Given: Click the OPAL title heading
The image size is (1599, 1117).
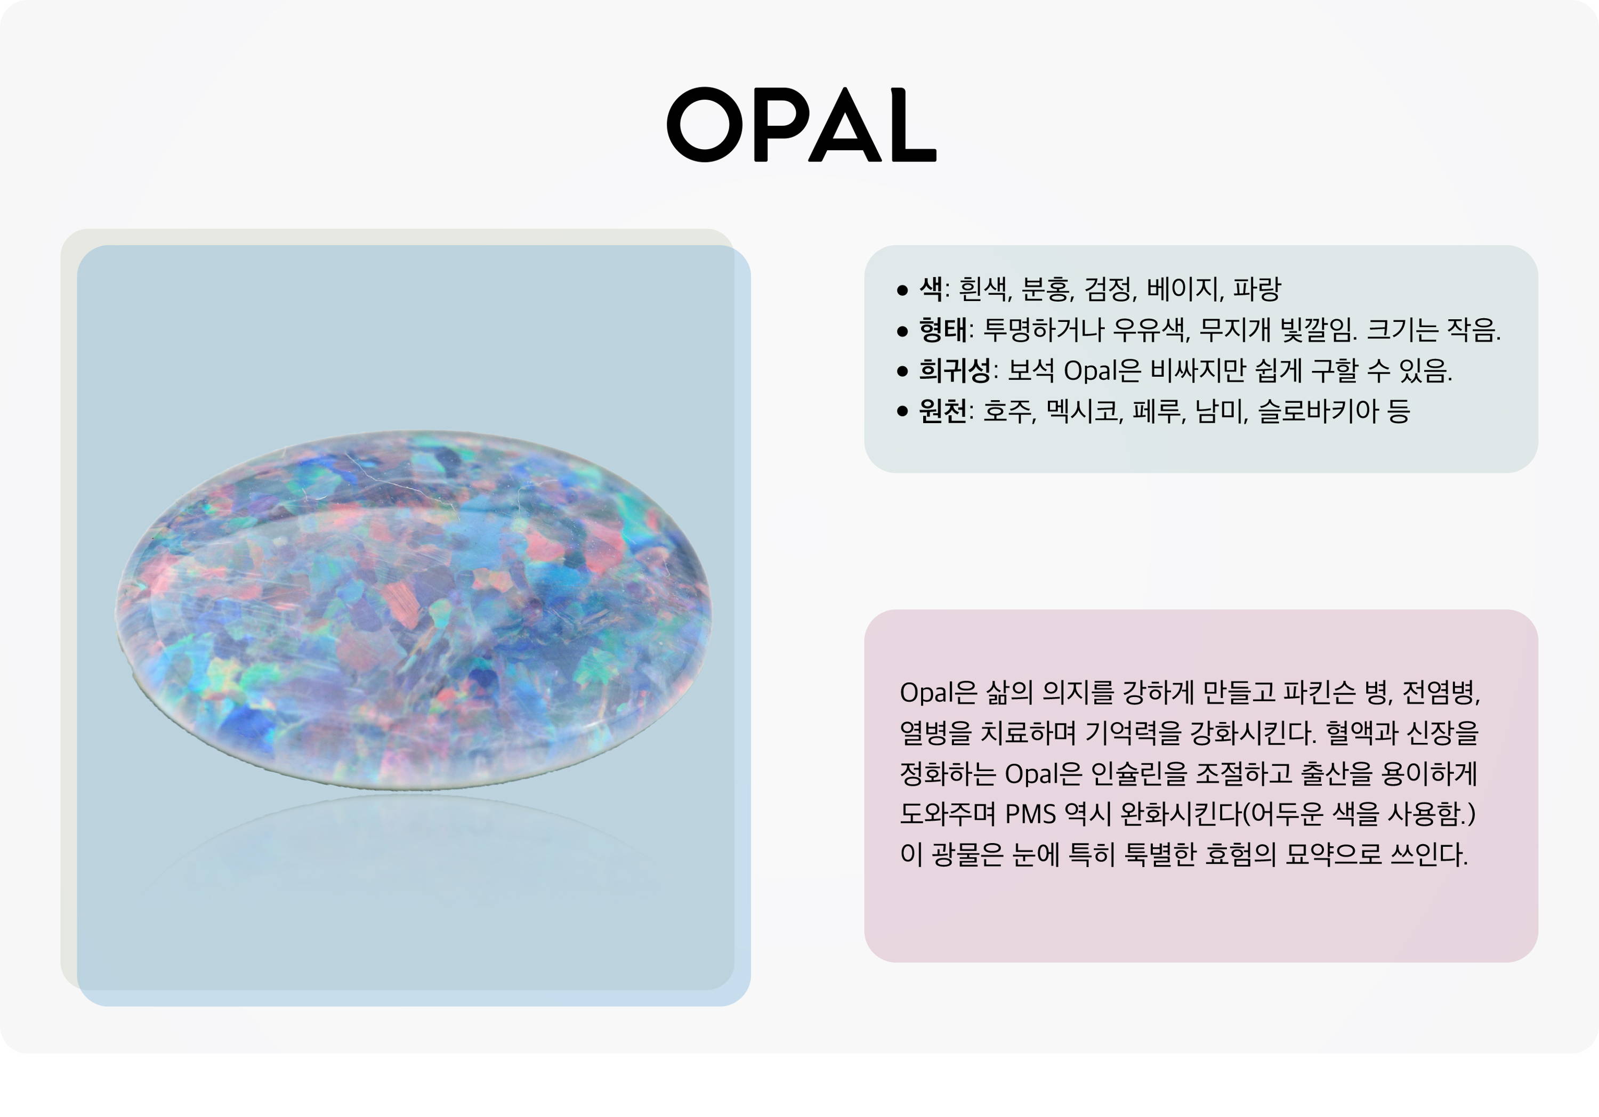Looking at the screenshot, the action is [x=802, y=125].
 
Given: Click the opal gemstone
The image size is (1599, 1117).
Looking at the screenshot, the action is [x=413, y=610].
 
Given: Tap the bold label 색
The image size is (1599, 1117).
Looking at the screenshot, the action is [x=931, y=288].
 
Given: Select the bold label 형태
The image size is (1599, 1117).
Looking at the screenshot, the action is [x=942, y=329].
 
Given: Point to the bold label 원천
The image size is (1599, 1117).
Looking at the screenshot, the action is [x=942, y=411].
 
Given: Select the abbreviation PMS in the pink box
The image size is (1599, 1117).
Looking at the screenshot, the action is [x=1031, y=813].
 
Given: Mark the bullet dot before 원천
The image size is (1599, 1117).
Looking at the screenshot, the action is [x=902, y=411].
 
